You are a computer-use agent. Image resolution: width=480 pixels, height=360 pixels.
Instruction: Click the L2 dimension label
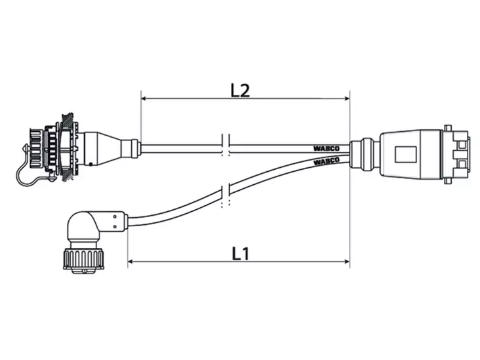pyautogui.click(x=240, y=90)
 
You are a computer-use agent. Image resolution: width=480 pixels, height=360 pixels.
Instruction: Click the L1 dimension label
pyautogui.click(x=241, y=254)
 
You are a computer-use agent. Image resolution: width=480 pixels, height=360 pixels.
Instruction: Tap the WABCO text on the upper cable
pyautogui.click(x=327, y=149)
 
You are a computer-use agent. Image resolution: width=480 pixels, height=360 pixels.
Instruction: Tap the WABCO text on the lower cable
pyautogui.click(x=327, y=161)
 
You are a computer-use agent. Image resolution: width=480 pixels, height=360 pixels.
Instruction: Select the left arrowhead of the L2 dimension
pyautogui.click(x=144, y=98)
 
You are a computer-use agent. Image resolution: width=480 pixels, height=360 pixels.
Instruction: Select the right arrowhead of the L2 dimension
pyautogui.click(x=347, y=98)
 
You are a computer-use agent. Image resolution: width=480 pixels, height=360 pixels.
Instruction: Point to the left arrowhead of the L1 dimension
pyautogui.click(x=130, y=262)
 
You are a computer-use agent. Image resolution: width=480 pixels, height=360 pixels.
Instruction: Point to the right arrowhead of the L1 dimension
pyautogui.click(x=347, y=262)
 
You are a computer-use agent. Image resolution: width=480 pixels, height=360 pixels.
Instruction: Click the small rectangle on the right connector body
pyautogui.click(x=406, y=154)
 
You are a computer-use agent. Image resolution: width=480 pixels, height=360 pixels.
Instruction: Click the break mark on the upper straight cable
pyautogui.click(x=226, y=145)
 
